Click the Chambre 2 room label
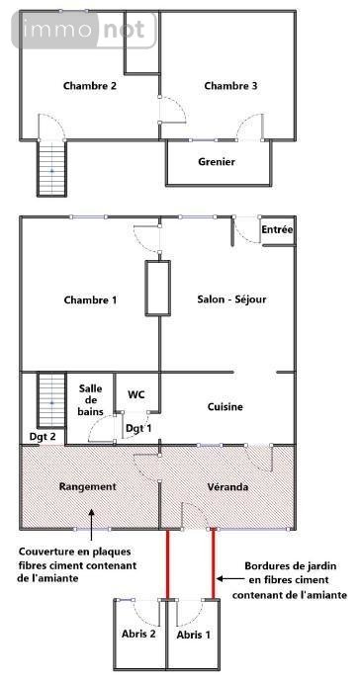point(90,86)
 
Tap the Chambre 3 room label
point(230,86)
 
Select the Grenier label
point(217,161)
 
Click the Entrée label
point(277,230)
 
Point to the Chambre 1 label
point(90,299)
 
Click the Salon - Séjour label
point(231,299)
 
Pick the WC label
point(136,394)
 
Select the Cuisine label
point(225,406)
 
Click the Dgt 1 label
point(139,427)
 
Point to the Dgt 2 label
point(42,436)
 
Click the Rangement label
point(88,486)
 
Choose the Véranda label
point(226,487)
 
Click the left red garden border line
point(168,564)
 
